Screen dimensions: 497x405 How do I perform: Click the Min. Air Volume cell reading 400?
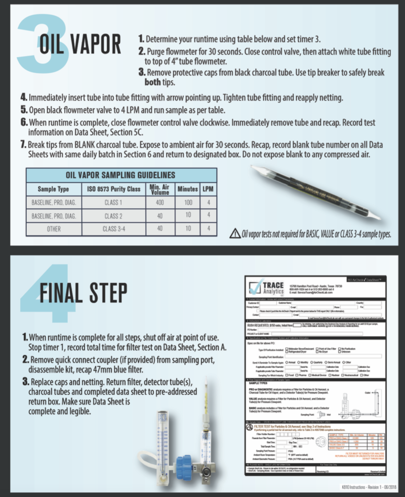coord(160,202)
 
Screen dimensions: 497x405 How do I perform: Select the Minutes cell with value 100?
coord(187,202)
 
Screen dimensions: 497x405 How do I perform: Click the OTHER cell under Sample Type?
coord(54,229)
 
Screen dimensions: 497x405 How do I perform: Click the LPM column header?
coord(208,189)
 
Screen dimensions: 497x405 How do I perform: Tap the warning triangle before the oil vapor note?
coord(235,233)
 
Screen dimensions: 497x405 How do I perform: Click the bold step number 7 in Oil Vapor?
coord(23,145)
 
